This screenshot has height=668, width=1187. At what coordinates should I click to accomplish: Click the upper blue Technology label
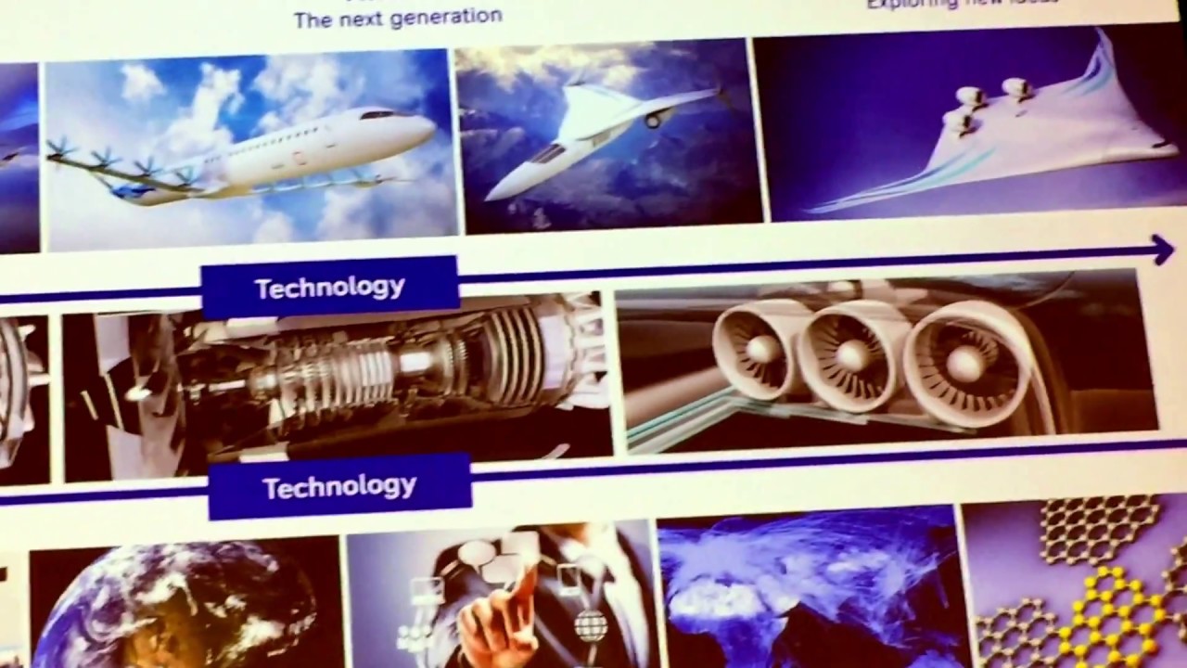pyautogui.click(x=329, y=287)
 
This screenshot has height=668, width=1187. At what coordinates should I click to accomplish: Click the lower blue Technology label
pyautogui.click(x=339, y=486)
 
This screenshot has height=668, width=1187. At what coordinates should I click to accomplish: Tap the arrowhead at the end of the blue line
pyautogui.click(x=1163, y=248)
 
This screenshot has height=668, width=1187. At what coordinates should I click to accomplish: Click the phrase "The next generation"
pyautogui.click(x=398, y=18)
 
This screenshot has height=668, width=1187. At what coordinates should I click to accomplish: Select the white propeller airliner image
pyautogui.click(x=250, y=148)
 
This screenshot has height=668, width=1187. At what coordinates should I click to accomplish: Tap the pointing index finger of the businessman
pyautogui.click(x=524, y=580)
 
